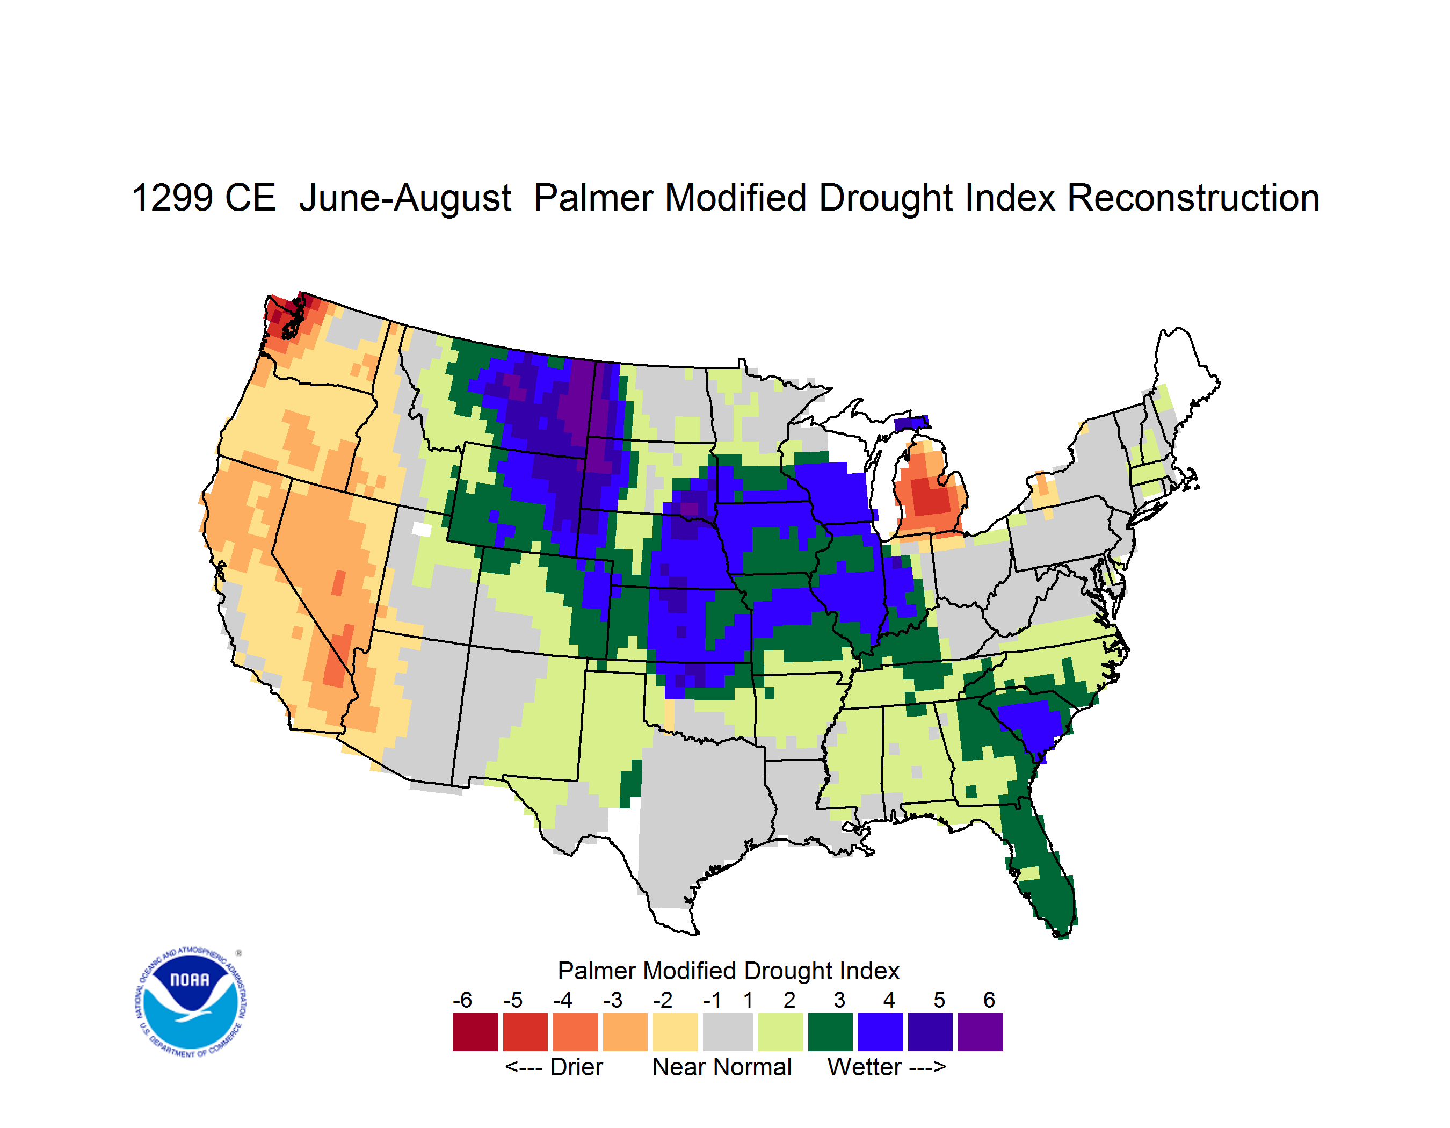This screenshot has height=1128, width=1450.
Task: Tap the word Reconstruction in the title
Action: pyautogui.click(x=1193, y=198)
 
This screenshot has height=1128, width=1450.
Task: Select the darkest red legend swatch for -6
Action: pyautogui.click(x=475, y=1032)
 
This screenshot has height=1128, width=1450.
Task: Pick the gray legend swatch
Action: pyautogui.click(x=728, y=1032)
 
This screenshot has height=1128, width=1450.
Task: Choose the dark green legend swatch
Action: pyautogui.click(x=830, y=1032)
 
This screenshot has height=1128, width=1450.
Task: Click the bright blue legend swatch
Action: pyautogui.click(x=880, y=1032)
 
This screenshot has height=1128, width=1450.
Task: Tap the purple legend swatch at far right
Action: pyautogui.click(x=980, y=1032)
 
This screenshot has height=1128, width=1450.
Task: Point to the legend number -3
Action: pyautogui.click(x=613, y=1000)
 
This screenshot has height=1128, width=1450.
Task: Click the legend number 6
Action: pyautogui.click(x=989, y=1000)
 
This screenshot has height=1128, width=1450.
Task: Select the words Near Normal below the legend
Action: pyautogui.click(x=722, y=1067)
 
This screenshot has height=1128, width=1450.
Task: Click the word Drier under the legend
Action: pyautogui.click(x=576, y=1067)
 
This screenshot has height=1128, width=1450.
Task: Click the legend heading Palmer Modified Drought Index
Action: pyautogui.click(x=728, y=971)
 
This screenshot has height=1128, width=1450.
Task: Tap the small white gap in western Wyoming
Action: pyautogui.click(x=422, y=529)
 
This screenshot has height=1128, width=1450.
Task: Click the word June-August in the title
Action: pyautogui.click(x=405, y=198)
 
